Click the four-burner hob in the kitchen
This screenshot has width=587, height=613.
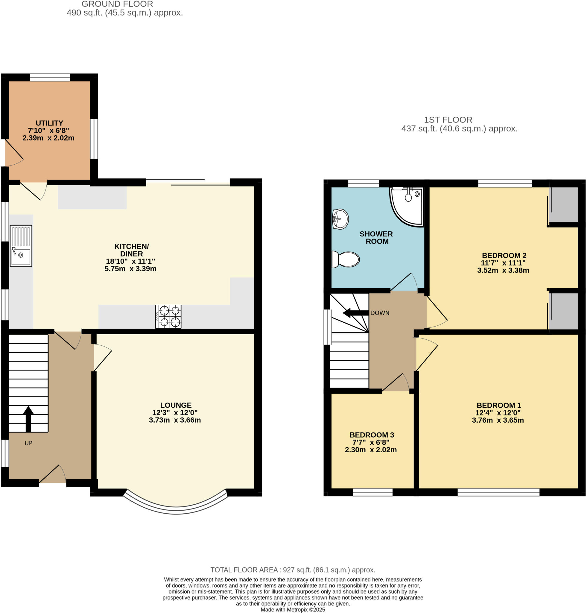(168, 316)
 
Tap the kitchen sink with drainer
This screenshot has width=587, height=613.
(21, 246)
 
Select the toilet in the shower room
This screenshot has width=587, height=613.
(346, 259)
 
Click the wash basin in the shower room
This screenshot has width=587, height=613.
(340, 219)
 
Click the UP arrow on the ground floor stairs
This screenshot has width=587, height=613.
(28, 418)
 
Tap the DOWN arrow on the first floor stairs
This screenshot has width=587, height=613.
(356, 313)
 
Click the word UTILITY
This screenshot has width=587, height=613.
(49, 123)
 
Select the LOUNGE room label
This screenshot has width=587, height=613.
(176, 405)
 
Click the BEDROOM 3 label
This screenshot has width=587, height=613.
(372, 435)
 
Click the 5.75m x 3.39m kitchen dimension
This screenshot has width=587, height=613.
(130, 269)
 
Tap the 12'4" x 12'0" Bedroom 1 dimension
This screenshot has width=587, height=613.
(498, 412)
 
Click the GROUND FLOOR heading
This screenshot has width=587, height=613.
(117, 4)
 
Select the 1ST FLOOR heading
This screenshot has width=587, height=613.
(448, 119)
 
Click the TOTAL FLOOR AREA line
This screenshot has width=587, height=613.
(293, 570)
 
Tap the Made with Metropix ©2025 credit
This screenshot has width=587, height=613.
(293, 610)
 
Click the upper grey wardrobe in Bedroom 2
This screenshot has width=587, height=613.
(563, 204)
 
